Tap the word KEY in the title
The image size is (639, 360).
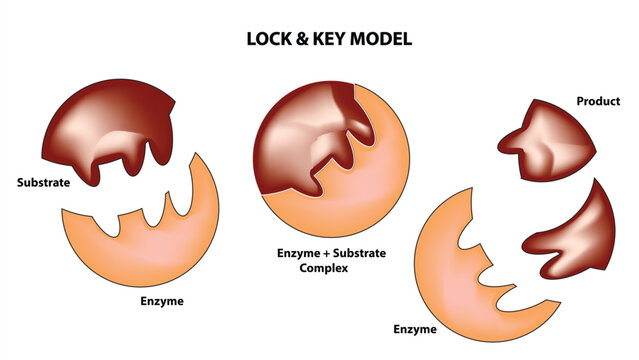coord(333,40)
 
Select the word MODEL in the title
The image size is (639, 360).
coord(384,40)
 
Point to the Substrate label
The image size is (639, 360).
coord(42,183)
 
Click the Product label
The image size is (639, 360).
coord(598,101)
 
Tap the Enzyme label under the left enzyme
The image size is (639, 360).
coord(163,300)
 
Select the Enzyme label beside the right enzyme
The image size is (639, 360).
coord(414,327)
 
